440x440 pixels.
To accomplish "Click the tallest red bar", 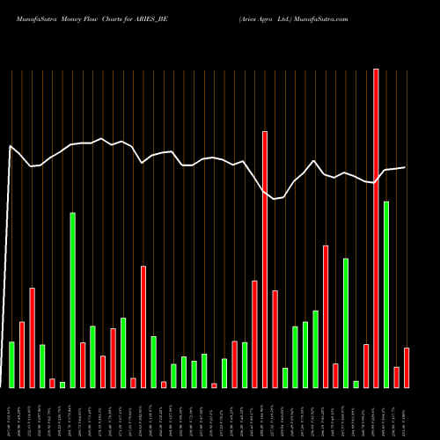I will pyautogui.click(x=376, y=229).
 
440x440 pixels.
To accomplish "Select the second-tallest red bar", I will pyautogui.click(x=264, y=260).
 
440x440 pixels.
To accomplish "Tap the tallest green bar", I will pyautogui.click(x=386, y=295).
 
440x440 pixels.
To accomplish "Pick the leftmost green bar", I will pyautogui.click(x=11, y=364).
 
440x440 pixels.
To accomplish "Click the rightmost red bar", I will pyautogui.click(x=407, y=368).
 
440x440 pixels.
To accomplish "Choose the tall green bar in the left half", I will pyautogui.click(x=73, y=300).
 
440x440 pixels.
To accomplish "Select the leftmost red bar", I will pyautogui.click(x=22, y=355).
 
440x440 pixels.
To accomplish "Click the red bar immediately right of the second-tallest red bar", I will pyautogui.click(x=275, y=339).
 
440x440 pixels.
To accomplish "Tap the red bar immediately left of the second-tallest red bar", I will pyautogui.click(x=254, y=334).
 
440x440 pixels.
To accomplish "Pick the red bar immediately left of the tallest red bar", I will pyautogui.click(x=366, y=366).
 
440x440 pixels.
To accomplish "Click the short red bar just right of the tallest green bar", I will pyautogui.click(x=397, y=377).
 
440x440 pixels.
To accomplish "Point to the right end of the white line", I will pyautogui.click(x=406, y=167).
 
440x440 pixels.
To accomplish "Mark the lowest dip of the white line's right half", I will pyautogui.click(x=275, y=199).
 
